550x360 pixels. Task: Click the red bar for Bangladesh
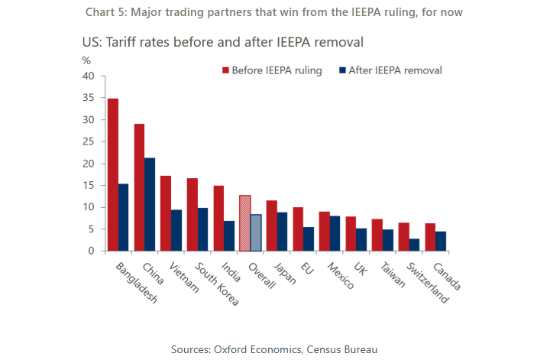pos(113,174)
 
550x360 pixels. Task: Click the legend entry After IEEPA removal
pos(395,70)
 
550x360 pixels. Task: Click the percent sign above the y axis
pos(86,60)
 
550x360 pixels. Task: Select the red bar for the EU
pos(298,229)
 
